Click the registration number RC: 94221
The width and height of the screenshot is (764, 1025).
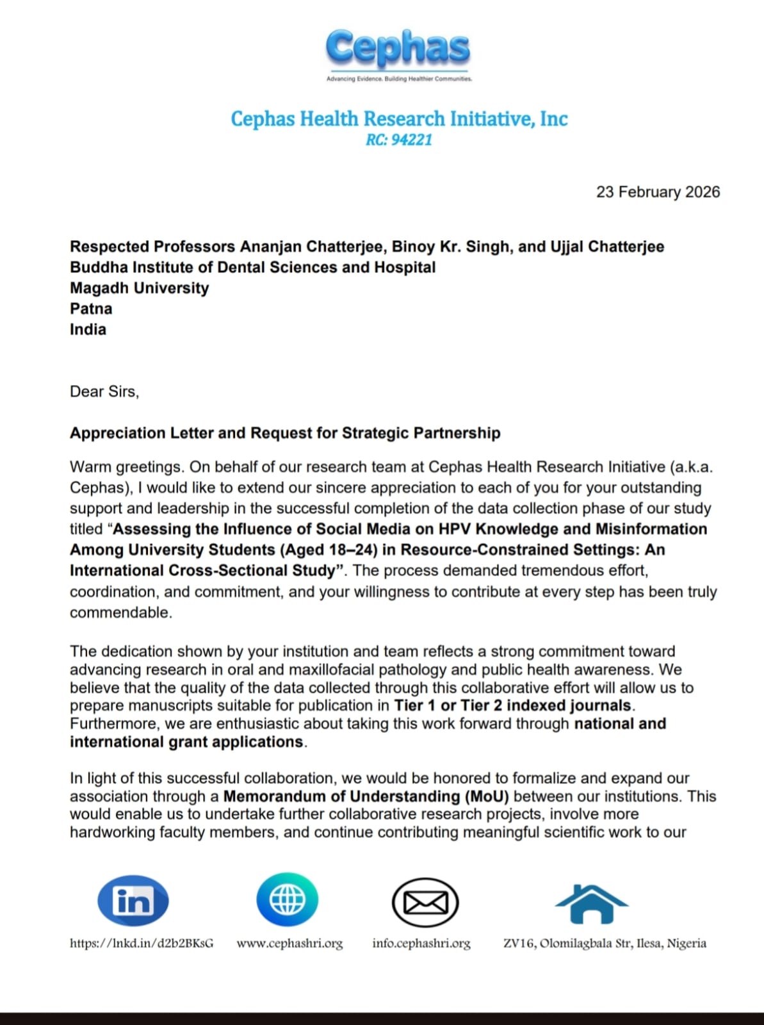pos(399,140)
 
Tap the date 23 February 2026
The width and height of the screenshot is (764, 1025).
pos(658,192)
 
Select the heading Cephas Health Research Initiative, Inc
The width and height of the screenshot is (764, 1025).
pos(399,119)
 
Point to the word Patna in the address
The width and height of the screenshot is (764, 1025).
pos(91,309)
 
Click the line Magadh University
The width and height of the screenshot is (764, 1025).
pos(139,288)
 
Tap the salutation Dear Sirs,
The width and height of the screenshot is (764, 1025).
pos(104,391)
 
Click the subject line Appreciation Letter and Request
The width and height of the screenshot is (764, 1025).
pos(285,433)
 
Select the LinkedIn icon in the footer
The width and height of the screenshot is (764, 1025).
pos(133,901)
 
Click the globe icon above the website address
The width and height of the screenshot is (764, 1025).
pos(288,900)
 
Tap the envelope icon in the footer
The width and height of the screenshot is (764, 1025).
pos(425,903)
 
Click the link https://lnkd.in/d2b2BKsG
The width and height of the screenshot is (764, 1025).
pos(142,943)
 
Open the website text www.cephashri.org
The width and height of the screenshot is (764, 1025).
pos(289,943)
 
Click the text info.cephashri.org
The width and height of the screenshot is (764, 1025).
pos(421,943)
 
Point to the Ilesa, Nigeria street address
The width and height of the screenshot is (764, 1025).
pos(605,943)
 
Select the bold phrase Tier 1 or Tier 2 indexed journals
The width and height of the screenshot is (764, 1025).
pos(513,706)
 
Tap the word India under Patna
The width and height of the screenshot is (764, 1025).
pos(88,329)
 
